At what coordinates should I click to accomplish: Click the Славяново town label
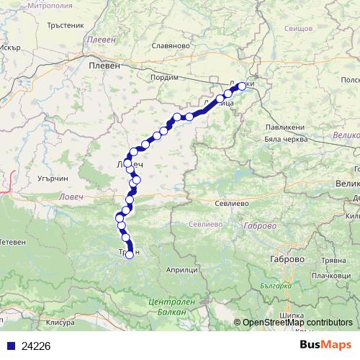[x=170, y=45]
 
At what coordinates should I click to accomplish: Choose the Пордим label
[x=166, y=77]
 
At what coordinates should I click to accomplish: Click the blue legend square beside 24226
[x=11, y=345]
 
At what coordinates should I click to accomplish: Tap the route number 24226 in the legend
[x=37, y=345]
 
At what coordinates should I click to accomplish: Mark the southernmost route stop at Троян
[x=130, y=253]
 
